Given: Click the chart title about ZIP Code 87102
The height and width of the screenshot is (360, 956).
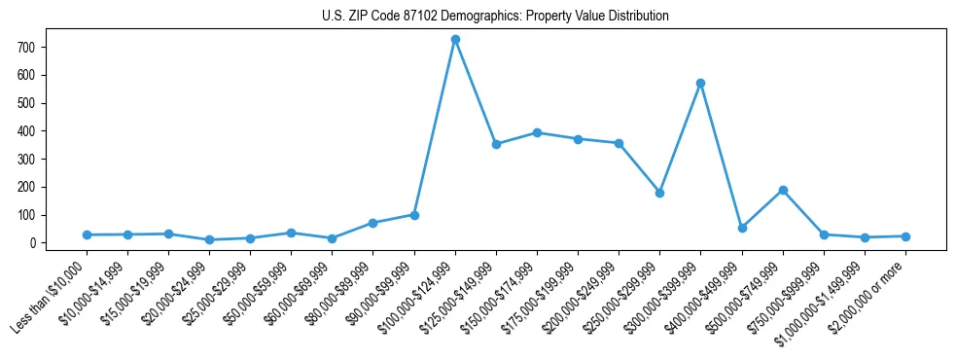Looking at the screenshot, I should [495, 16].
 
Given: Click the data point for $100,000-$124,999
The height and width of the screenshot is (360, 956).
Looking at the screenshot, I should [455, 39].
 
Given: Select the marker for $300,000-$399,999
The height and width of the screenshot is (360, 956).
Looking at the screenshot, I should [700, 83].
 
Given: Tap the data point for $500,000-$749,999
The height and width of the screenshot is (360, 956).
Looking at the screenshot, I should [783, 190].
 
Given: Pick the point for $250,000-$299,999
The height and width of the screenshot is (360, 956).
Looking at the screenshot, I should [659, 193].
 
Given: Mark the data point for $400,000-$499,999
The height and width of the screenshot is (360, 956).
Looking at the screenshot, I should [742, 228].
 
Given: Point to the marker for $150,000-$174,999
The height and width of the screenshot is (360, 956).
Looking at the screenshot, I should [537, 132].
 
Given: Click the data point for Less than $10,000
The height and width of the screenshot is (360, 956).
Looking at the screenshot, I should [87, 234].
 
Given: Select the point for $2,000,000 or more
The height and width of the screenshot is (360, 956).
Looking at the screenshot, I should [905, 236].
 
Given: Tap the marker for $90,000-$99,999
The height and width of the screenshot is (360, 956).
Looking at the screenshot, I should [414, 215].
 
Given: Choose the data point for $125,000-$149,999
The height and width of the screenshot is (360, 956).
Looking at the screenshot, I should [496, 144].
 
